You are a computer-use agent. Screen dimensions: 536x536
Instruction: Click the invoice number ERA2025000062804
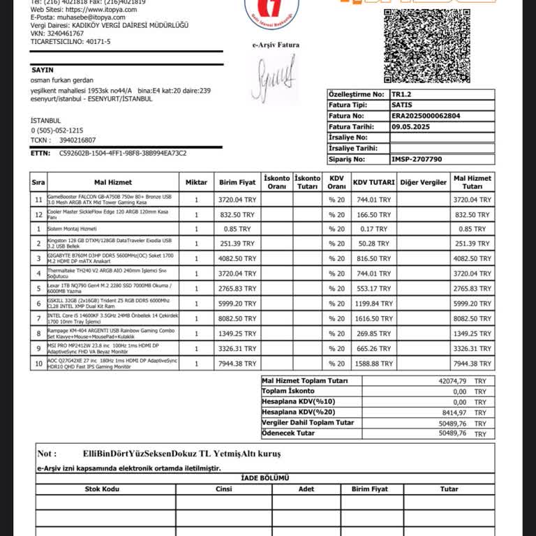tap(425, 116)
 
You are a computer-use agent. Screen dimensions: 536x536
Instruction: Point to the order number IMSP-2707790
tap(417, 159)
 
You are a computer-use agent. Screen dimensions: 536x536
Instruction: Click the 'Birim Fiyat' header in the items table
tap(237, 182)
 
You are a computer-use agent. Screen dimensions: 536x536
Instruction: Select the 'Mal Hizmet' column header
tap(108, 182)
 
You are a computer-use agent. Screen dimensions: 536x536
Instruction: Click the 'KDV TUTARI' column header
tap(373, 182)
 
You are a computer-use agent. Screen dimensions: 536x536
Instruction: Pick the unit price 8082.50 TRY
tap(237, 318)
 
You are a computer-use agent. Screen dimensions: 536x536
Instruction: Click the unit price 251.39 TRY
tap(237, 244)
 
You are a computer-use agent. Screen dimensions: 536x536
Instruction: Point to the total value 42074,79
tap(453, 381)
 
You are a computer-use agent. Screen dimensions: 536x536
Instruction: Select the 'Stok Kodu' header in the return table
tap(102, 489)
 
